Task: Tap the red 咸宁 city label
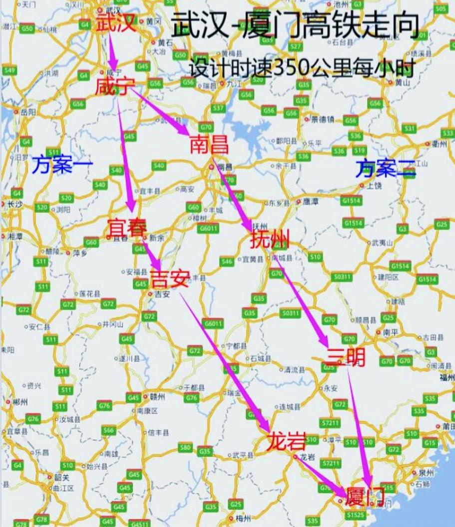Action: [x=115, y=87]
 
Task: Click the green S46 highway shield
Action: [x=227, y=261]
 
